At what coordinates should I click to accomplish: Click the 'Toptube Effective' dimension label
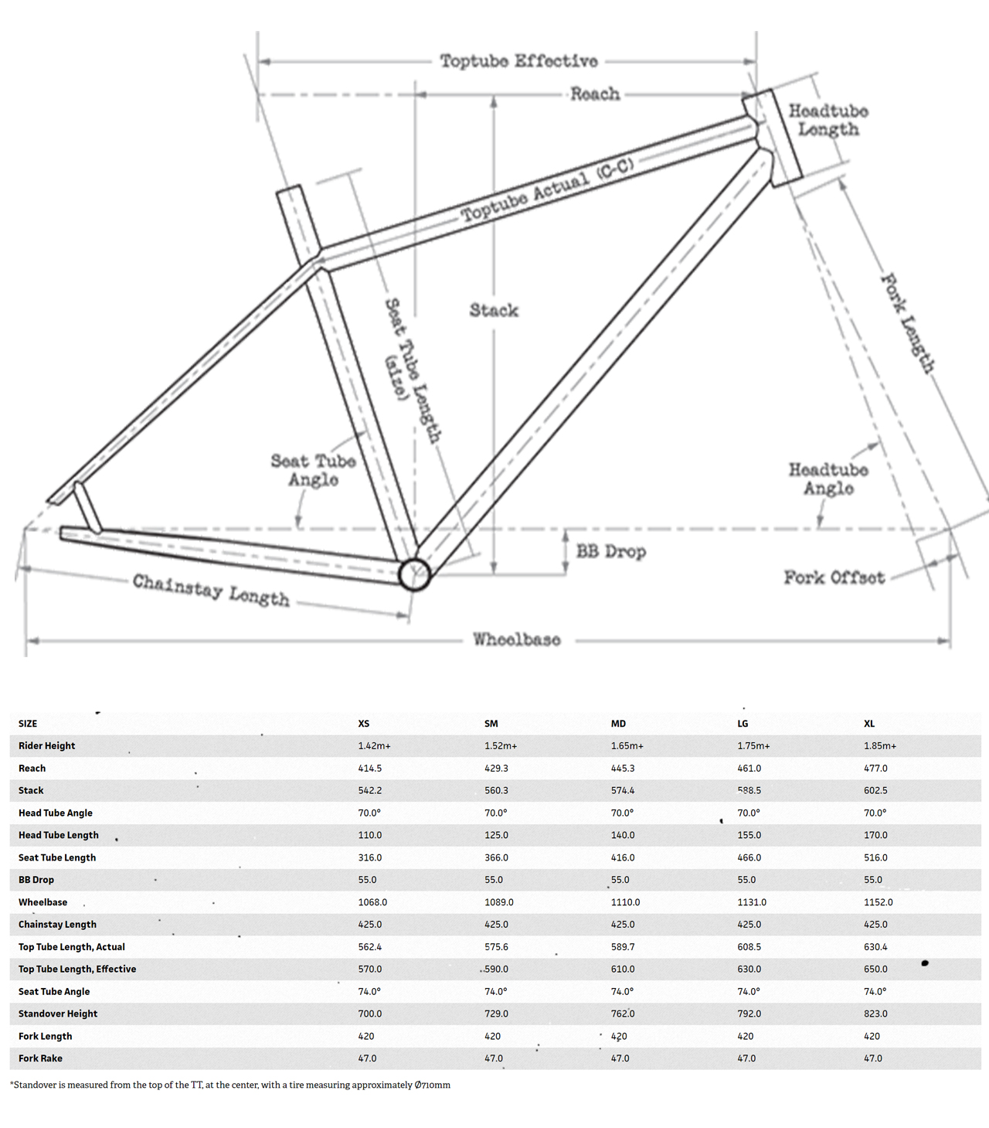[x=518, y=61]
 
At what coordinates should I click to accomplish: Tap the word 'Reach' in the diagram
[x=595, y=94]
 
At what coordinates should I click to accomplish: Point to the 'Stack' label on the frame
[x=494, y=311]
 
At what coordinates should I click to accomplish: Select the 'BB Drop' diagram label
[x=610, y=552]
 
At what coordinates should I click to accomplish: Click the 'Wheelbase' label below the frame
[x=517, y=640]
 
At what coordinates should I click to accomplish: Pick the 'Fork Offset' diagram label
[x=834, y=578]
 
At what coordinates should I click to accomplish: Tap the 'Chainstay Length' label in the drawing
[x=211, y=591]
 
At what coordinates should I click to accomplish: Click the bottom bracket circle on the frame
[x=414, y=574]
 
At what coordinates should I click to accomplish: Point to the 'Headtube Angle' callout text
[x=828, y=479]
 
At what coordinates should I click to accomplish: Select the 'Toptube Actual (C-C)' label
[x=547, y=189]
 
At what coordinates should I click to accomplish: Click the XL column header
[x=869, y=724]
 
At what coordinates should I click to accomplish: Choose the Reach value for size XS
[x=370, y=768]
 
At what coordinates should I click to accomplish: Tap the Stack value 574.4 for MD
[x=623, y=791]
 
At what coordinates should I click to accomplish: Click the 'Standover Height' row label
[x=58, y=1014]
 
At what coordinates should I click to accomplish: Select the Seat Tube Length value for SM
[x=496, y=857]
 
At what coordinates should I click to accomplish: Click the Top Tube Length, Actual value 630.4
[x=875, y=947]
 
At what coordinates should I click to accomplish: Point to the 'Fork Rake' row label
[x=40, y=1058]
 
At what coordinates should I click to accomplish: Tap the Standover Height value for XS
[x=370, y=1014]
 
